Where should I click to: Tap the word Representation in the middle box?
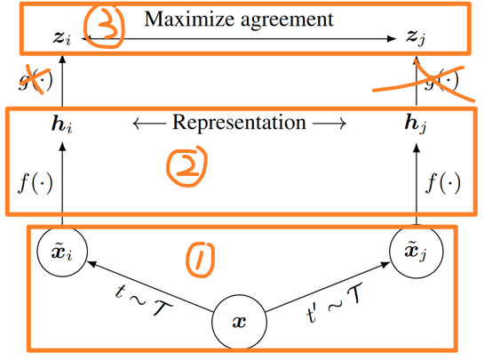[x=239, y=122]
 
